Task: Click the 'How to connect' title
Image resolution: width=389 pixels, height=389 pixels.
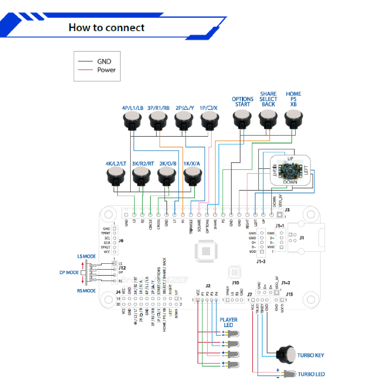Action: (106, 28)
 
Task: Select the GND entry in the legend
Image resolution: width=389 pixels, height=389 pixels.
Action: (104, 62)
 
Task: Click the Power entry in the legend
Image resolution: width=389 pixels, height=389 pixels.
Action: (106, 70)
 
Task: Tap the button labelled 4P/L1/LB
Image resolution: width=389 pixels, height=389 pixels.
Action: (132, 121)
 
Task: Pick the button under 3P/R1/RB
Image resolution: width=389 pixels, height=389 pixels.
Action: (158, 121)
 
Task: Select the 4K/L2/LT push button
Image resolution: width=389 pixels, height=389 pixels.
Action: (115, 175)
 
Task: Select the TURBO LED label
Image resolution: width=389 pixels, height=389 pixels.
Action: (311, 374)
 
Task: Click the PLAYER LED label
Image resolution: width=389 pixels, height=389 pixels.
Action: (229, 323)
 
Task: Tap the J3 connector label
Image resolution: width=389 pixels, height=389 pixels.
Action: (287, 210)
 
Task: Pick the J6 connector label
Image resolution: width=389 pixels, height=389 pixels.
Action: (121, 240)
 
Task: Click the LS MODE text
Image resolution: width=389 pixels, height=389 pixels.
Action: (87, 256)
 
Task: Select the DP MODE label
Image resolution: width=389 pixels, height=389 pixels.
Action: (69, 272)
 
